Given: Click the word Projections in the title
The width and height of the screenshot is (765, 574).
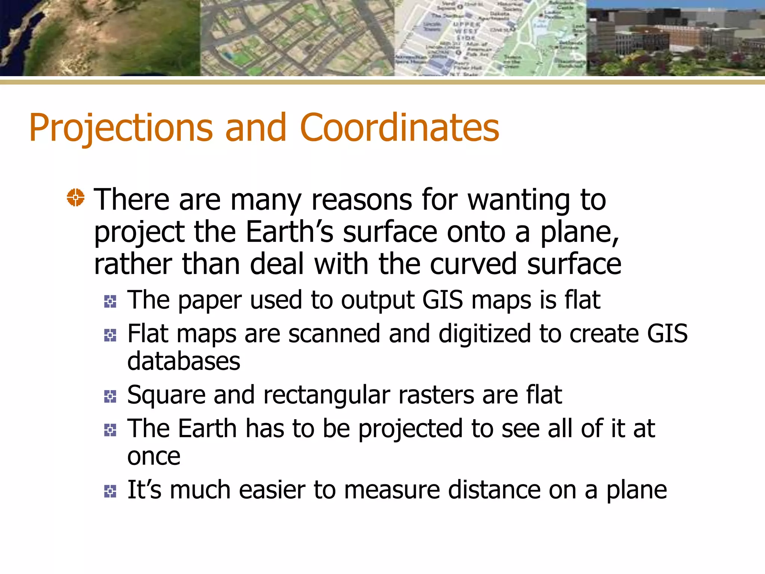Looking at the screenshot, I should (121, 128).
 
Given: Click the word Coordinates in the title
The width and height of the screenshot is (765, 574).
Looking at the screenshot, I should (399, 128).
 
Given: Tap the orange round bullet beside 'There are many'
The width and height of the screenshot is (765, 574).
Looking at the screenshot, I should (76, 197).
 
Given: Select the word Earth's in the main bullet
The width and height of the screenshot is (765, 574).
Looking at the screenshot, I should (289, 232).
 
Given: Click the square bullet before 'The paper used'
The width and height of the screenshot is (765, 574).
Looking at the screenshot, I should (110, 301).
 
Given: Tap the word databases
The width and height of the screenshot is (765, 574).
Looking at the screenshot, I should (184, 361).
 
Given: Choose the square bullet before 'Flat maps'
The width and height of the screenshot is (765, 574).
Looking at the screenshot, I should (110, 335).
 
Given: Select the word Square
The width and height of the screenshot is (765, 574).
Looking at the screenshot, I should (166, 395).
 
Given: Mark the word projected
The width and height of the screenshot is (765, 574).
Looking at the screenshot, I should (410, 429).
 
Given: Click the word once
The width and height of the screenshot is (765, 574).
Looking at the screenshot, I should (154, 457).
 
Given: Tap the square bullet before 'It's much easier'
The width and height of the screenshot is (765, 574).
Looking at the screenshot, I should (110, 491).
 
